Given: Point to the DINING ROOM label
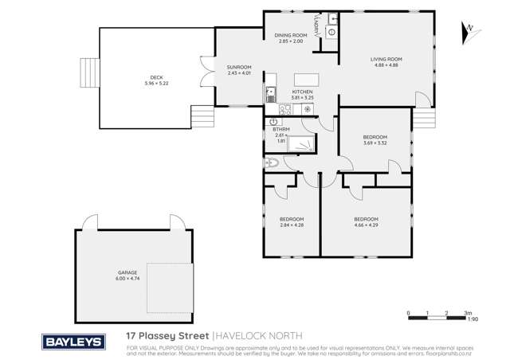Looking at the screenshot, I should [x=291, y=36].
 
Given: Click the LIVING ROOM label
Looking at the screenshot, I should [x=386, y=59].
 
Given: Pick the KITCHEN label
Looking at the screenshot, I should [x=302, y=92].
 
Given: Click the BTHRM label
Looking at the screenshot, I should [x=280, y=129].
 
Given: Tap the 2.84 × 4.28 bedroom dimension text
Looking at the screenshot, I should [x=291, y=225].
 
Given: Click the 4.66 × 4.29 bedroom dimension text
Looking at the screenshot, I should [x=366, y=225].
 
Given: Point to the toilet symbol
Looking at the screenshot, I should [x=271, y=163].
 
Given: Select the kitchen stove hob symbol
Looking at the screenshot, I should [x=284, y=111].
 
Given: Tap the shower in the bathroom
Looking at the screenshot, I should [x=301, y=143].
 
